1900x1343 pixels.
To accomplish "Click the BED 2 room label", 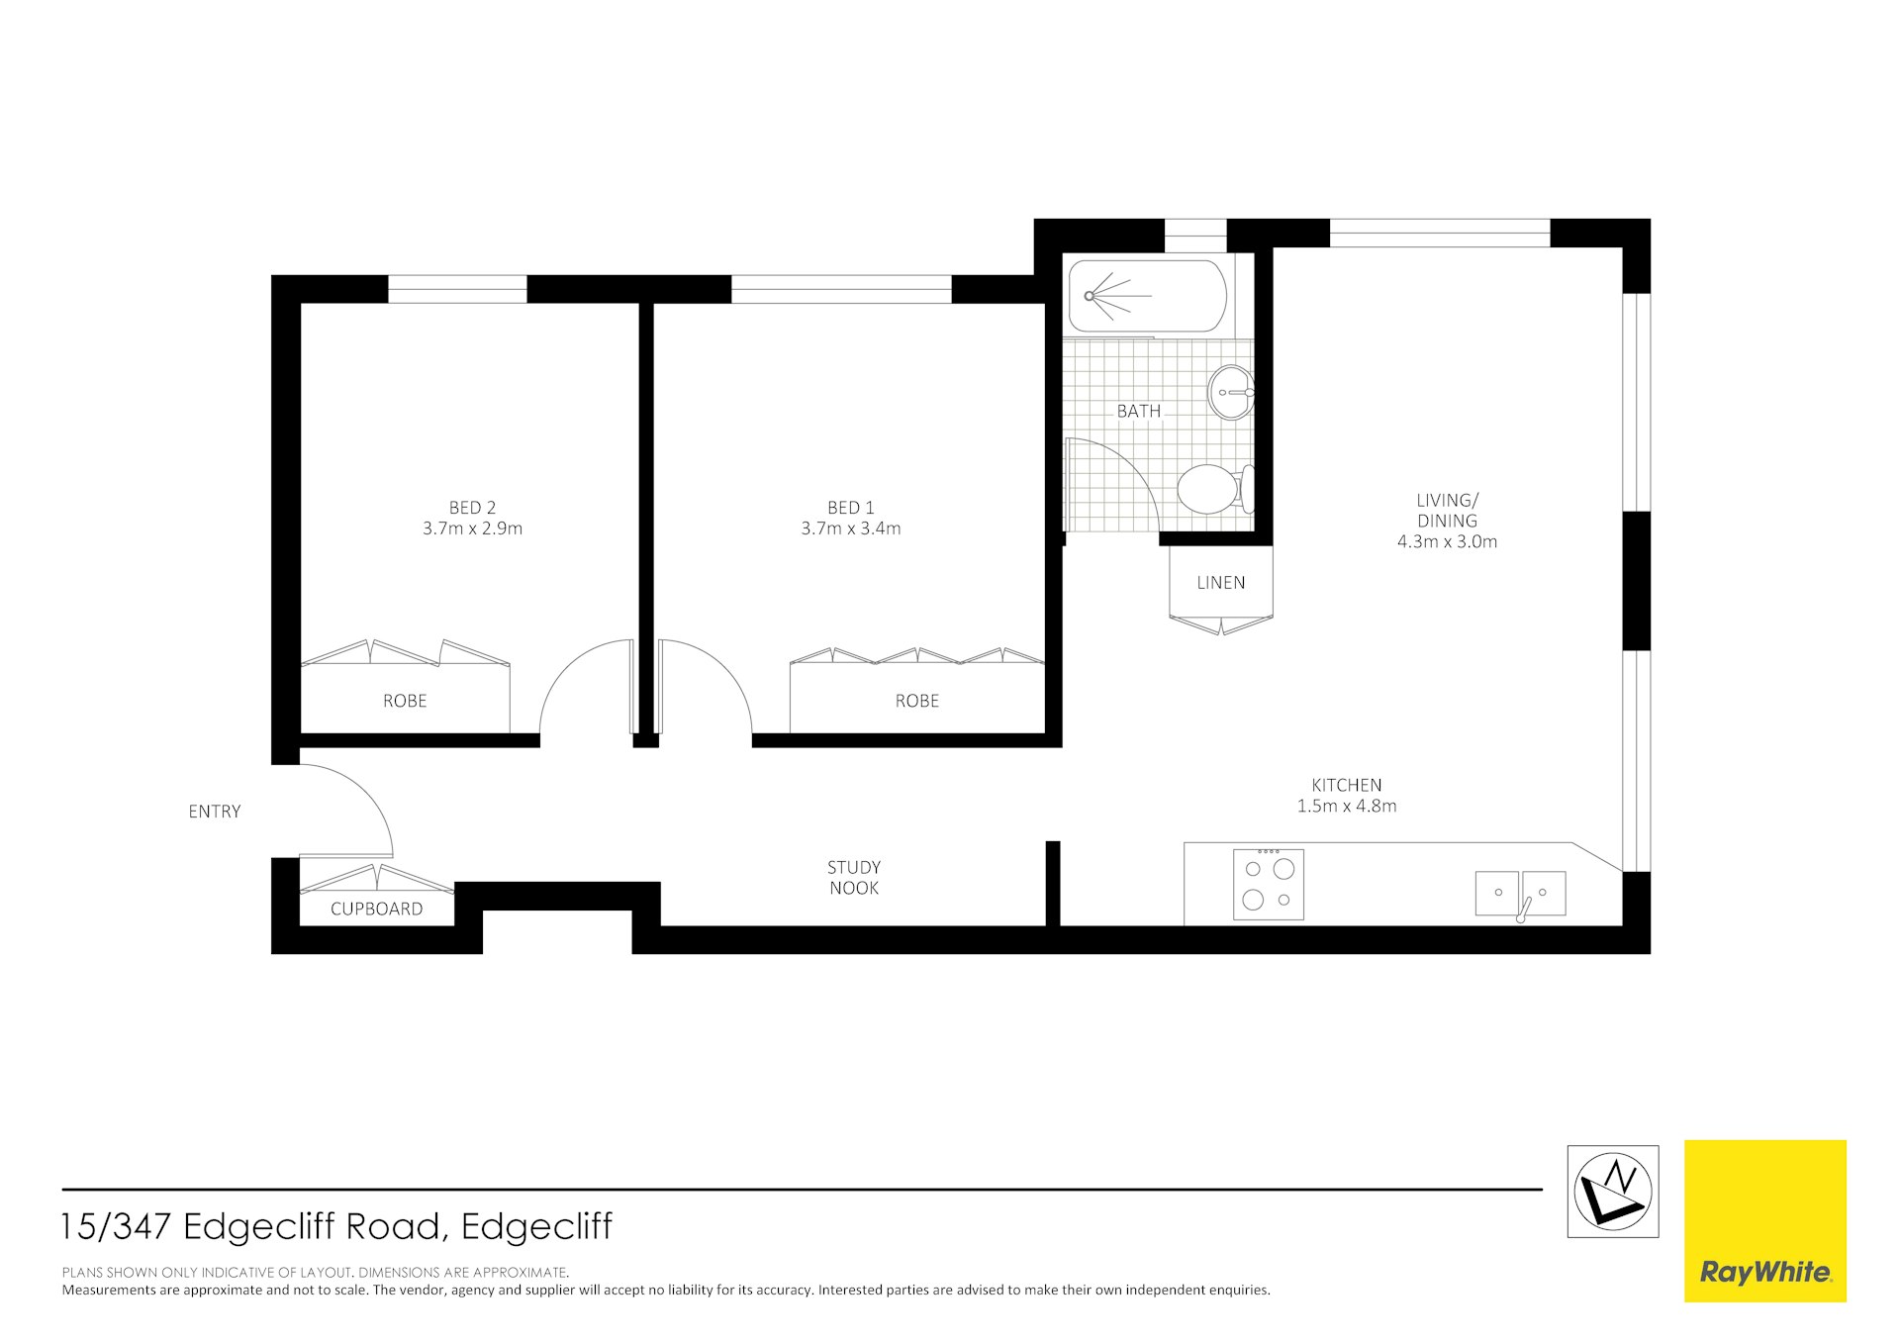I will (472, 508).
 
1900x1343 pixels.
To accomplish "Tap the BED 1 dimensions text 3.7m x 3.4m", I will (850, 528).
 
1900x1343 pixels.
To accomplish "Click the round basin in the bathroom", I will (1230, 392).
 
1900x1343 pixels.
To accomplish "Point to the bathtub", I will (1148, 296).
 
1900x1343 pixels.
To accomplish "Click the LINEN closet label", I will (1220, 583).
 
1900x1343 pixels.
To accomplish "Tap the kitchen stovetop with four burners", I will (1269, 884).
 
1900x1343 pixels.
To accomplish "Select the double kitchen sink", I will (1520, 893).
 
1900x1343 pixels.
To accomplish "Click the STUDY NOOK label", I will (854, 878).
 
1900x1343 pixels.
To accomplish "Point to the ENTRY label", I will (215, 812).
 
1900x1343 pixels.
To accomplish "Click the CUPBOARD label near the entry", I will (376, 909).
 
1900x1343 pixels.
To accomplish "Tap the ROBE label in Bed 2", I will (405, 701).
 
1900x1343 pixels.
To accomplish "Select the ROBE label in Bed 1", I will (916, 701).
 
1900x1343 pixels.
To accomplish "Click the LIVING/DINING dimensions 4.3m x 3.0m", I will (1447, 541).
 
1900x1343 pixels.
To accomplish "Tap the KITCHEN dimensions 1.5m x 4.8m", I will (1346, 806).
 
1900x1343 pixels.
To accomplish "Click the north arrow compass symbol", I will (1612, 1191).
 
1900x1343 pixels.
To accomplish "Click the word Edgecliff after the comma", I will (536, 1226).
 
